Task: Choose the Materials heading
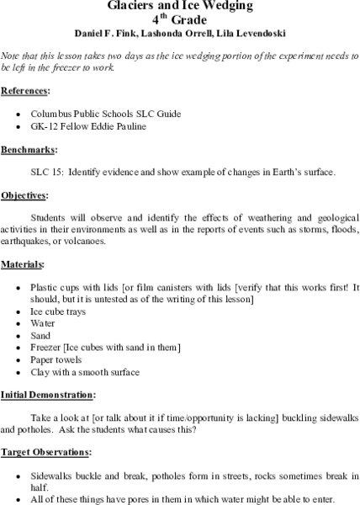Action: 24,263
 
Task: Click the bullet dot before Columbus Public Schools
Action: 41,112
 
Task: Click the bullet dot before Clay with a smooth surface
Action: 41,372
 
